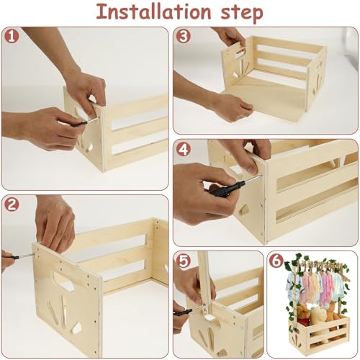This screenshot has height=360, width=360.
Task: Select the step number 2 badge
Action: [9, 204]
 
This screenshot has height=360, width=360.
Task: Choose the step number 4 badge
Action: [183, 149]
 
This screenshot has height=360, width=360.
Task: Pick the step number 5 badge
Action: [183, 260]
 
